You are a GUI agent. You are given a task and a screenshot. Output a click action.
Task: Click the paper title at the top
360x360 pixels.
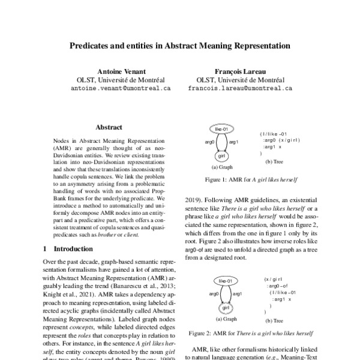pyautogui.click(x=180, y=45)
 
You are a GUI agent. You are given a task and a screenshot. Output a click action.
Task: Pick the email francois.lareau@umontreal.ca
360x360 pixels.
pyautogui.click(x=239, y=87)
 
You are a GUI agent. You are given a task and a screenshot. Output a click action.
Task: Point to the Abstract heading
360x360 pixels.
pyautogui.click(x=109, y=127)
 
